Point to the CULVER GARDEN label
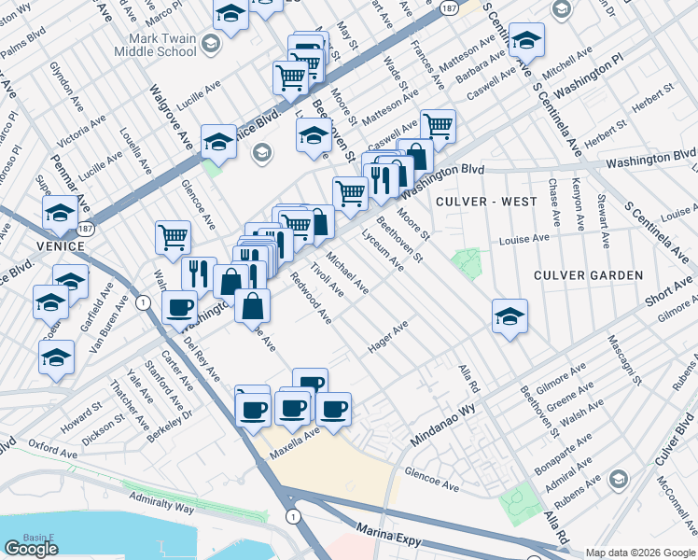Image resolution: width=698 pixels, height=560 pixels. (x=588, y=275)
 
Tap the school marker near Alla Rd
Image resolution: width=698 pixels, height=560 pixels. (x=510, y=316)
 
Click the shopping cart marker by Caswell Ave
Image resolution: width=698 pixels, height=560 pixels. (x=437, y=125)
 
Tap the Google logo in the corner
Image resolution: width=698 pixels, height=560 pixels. (x=31, y=549)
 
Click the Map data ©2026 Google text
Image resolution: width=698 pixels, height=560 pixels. (x=641, y=553)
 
